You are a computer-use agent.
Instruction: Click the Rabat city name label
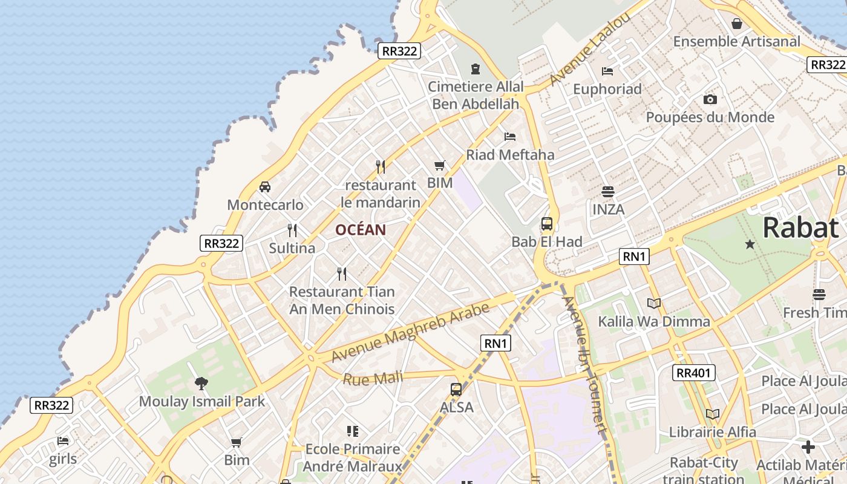click(800, 228)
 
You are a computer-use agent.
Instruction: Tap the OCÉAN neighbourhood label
click(361, 230)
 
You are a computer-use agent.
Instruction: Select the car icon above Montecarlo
click(265, 187)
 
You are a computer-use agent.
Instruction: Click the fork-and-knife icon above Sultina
click(292, 230)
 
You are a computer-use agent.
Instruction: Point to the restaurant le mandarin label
click(380, 194)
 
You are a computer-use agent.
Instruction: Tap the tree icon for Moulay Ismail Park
click(201, 383)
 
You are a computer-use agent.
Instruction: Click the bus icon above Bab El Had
click(547, 224)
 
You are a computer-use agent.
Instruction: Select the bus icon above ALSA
click(456, 390)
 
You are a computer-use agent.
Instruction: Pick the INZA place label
click(608, 210)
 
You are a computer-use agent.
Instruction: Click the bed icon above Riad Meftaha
click(510, 137)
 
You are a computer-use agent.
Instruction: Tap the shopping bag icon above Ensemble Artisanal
click(737, 24)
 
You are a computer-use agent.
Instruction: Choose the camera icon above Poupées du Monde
click(710, 100)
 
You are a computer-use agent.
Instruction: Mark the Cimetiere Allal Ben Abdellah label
click(476, 95)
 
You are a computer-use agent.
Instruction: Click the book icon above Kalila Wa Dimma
click(653, 303)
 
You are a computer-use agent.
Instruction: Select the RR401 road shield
click(694, 373)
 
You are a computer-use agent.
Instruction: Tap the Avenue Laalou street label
click(590, 50)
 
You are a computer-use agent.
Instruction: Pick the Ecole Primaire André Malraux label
click(353, 457)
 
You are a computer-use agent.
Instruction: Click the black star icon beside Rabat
click(750, 244)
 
